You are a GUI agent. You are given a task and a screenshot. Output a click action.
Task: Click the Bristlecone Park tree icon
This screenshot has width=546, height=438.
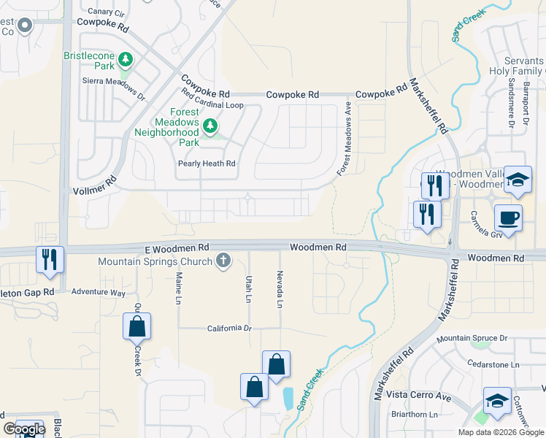coord(126,58)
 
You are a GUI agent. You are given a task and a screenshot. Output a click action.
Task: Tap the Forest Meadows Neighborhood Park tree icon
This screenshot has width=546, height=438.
coord(210,127)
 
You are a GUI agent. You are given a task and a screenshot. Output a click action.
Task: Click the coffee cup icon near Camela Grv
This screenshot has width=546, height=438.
coord(508,216)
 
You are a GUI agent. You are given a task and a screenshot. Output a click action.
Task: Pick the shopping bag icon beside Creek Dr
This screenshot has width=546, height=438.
coord(137,326)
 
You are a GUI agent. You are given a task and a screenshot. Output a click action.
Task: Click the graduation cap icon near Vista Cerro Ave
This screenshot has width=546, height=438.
coord(497,400)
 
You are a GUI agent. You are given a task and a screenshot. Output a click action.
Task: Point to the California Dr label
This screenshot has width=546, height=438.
coord(228,328)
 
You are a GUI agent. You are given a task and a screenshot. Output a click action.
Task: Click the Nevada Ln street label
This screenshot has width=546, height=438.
coord(280,288)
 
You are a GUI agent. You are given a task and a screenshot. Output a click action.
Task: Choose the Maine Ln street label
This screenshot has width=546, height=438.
coord(178,288)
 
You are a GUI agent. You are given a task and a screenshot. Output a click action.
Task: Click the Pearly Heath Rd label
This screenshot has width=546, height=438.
coord(207,164)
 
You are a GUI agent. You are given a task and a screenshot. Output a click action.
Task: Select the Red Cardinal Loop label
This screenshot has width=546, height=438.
coord(212,105)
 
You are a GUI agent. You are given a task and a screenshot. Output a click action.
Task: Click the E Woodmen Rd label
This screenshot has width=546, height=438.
coord(176,248)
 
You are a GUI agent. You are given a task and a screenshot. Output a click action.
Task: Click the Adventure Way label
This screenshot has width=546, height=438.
coord(99,292)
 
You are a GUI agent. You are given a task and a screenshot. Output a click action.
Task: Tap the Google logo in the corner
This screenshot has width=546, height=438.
coord(24,429)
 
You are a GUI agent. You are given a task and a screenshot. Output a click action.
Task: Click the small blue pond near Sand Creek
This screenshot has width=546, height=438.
coord(288,399)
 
